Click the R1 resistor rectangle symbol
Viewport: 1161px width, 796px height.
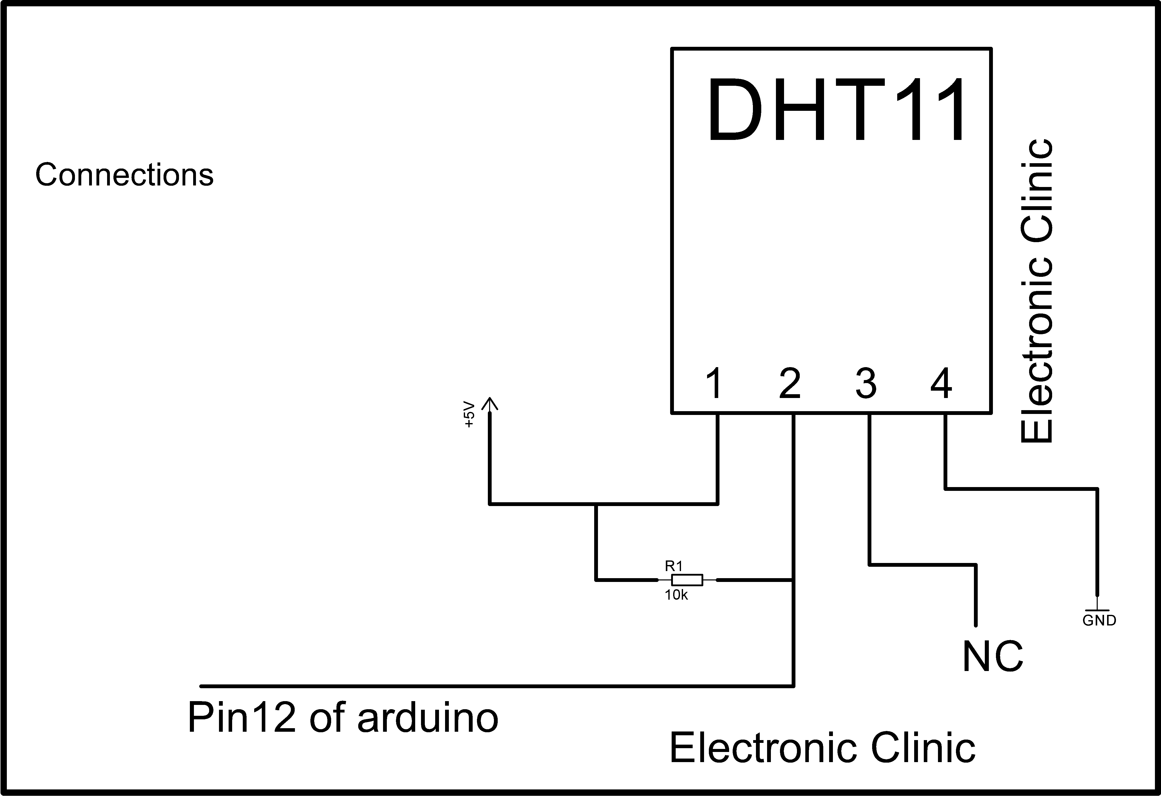(687, 580)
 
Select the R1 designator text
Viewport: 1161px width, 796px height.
(673, 566)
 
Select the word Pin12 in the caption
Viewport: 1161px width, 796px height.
(242, 718)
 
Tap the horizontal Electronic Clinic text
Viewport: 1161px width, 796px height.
(822, 748)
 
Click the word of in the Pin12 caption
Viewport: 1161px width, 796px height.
(327, 718)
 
